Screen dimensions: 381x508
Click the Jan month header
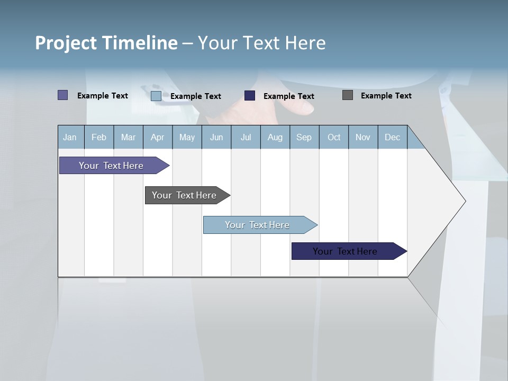(70, 137)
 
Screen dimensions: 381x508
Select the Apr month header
(157, 137)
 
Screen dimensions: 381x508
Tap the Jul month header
(246, 137)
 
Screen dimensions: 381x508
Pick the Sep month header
(304, 137)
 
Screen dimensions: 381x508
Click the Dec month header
(392, 137)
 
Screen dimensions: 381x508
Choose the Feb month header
(99, 137)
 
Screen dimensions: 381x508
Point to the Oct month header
(334, 137)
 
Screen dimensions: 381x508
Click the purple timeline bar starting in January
(111, 166)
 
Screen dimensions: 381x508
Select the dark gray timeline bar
(184, 195)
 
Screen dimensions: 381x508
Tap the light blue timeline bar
(257, 225)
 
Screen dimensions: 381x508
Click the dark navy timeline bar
(345, 251)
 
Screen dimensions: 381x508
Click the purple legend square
(62, 95)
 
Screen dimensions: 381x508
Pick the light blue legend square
(156, 96)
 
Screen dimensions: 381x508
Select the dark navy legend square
(250, 95)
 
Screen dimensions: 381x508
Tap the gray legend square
(348, 95)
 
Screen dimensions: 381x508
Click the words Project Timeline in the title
(106, 43)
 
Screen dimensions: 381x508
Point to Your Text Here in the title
(262, 43)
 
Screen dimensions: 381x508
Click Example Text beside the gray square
(386, 96)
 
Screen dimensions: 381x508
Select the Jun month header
(216, 137)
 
